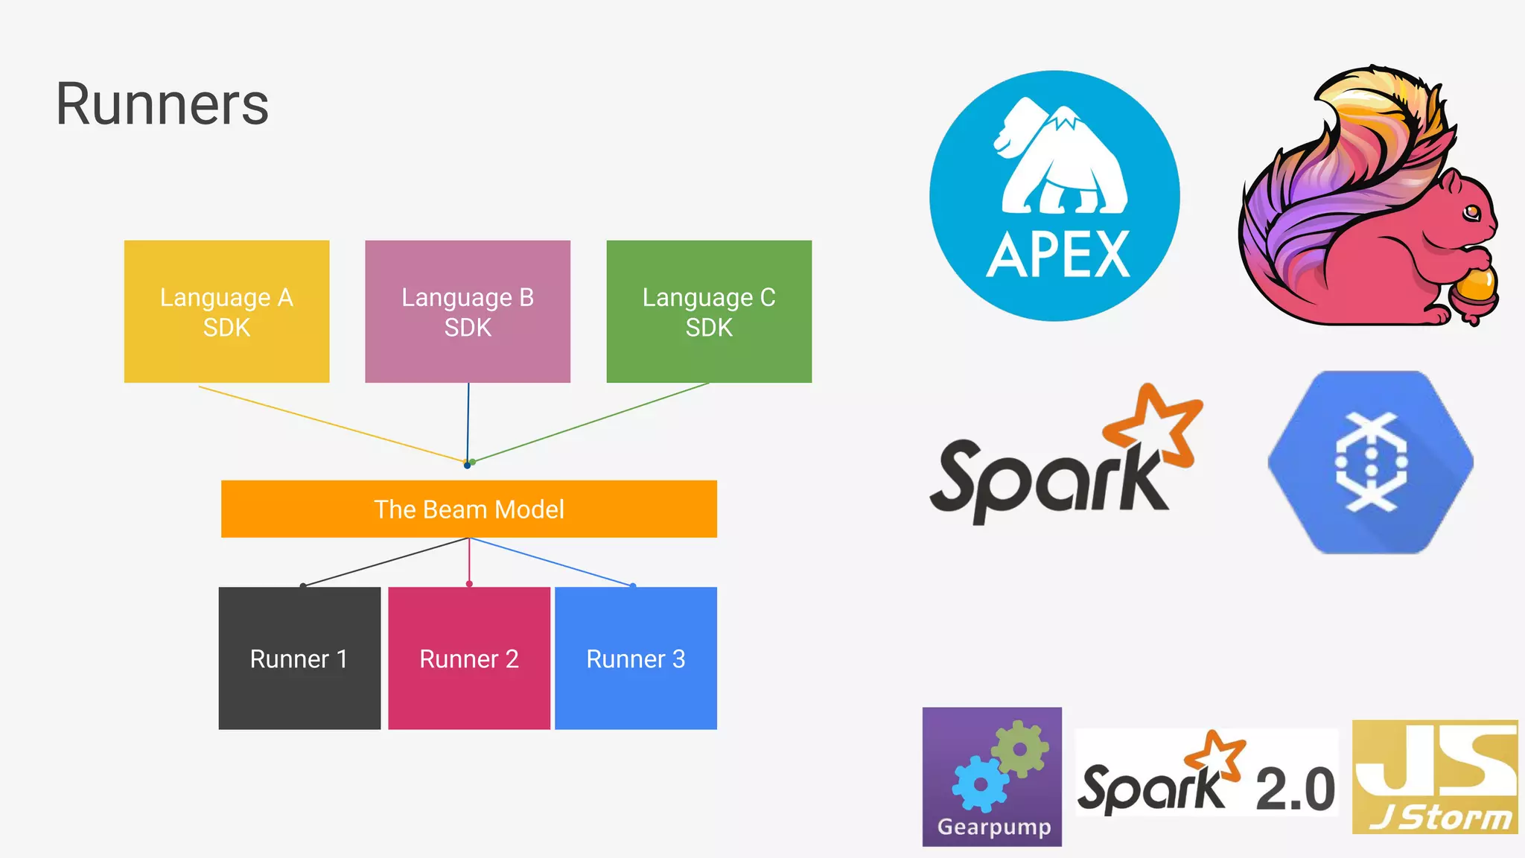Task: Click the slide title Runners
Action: (162, 104)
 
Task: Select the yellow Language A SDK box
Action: (226, 311)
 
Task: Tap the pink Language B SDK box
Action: (468, 311)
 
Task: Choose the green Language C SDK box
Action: (709, 311)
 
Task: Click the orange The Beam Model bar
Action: (469, 509)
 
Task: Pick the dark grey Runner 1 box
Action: (299, 658)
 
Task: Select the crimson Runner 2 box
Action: (469, 658)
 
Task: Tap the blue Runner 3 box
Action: (636, 658)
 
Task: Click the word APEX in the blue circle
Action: (1057, 255)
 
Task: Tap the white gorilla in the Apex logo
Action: (1061, 160)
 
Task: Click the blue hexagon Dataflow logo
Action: (1370, 463)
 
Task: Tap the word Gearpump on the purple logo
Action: (993, 827)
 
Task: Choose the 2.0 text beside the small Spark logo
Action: (1295, 789)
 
